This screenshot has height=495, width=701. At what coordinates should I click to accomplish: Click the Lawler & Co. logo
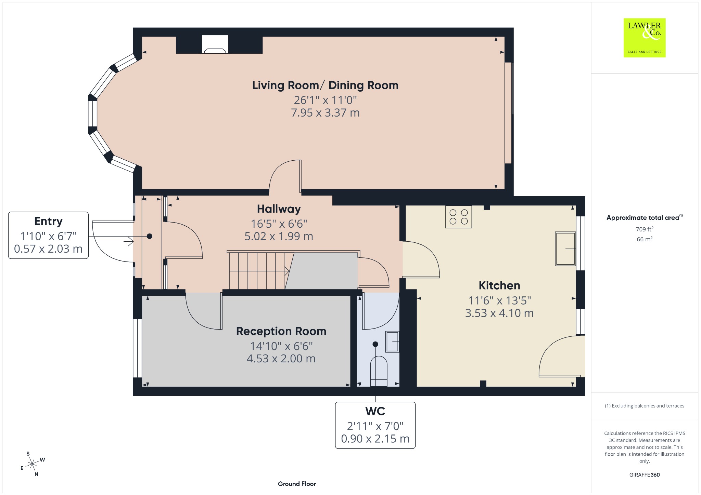pyautogui.click(x=644, y=38)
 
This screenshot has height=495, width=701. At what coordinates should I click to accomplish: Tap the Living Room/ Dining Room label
pyautogui.click(x=325, y=85)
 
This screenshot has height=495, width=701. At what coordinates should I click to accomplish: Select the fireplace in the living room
pyautogui.click(x=215, y=44)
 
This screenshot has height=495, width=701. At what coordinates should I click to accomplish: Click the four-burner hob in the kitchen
pyautogui.click(x=458, y=217)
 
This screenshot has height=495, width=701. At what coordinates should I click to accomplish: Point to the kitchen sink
pyautogui.click(x=565, y=249)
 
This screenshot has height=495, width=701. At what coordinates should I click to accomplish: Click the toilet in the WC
pyautogui.click(x=379, y=371)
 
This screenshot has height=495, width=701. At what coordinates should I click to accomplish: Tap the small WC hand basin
pyautogui.click(x=392, y=342)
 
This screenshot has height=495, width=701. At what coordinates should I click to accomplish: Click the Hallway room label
pyautogui.click(x=279, y=209)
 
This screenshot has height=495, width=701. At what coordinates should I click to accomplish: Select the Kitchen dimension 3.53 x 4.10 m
pyautogui.click(x=499, y=313)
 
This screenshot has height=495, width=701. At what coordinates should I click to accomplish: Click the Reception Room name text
pyautogui.click(x=281, y=331)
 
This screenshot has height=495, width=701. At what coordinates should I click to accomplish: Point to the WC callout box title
pyautogui.click(x=375, y=411)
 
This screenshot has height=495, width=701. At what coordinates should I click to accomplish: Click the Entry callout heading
pyautogui.click(x=48, y=222)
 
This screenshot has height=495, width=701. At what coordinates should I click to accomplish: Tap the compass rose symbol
pyautogui.click(x=32, y=464)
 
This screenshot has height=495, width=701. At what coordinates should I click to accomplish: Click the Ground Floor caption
pyautogui.click(x=297, y=484)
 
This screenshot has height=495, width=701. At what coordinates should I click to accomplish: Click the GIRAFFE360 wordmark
pyautogui.click(x=645, y=475)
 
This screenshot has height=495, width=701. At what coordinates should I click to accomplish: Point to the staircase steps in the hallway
pyautogui.click(x=258, y=271)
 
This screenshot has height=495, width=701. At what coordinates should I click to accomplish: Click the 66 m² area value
pyautogui.click(x=645, y=239)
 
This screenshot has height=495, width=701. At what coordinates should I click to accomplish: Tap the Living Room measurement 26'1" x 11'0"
pyautogui.click(x=325, y=100)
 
